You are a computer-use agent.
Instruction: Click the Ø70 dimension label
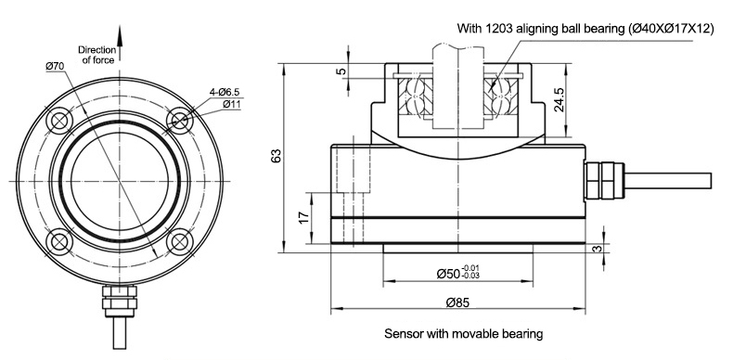pos(55,67)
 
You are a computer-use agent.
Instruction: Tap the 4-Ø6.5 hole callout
pos(225,93)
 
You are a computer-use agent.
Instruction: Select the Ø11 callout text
pos(231,104)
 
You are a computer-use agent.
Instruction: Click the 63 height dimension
pos(276,156)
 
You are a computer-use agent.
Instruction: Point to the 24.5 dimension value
pos(559,99)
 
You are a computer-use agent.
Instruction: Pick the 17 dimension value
pos(303,217)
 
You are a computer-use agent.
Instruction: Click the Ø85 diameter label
pos(457,302)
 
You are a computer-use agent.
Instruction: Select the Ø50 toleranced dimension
pos(458,273)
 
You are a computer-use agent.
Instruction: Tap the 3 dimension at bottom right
pos(597,249)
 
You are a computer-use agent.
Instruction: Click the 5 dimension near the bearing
pos(341,71)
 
